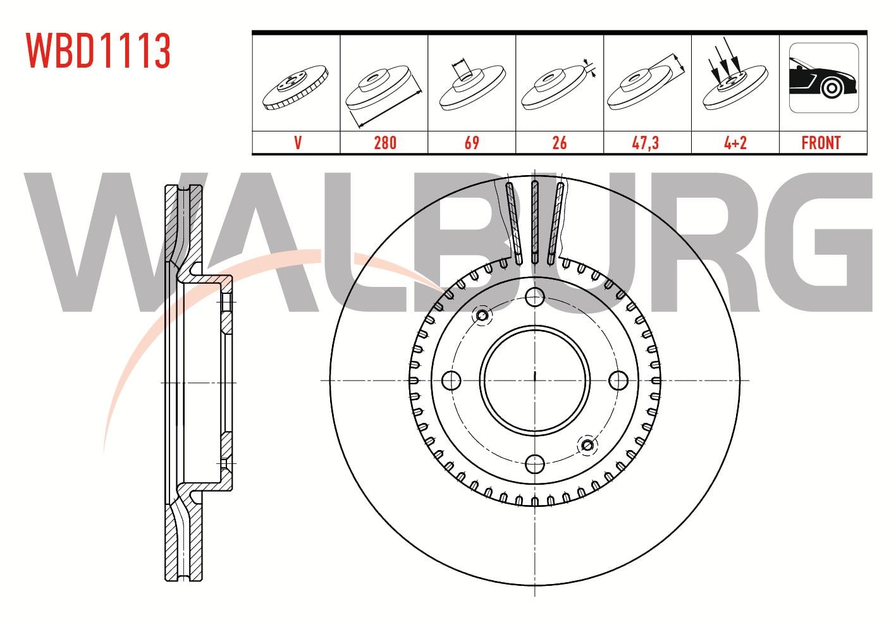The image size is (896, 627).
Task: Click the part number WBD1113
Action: tap(99, 51)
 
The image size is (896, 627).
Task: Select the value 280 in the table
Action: tap(385, 143)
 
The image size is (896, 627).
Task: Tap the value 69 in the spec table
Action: tap(472, 143)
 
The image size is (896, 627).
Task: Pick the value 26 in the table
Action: tap(559, 143)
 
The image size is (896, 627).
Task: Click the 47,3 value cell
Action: tap(645, 143)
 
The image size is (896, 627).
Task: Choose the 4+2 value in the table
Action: tap(735, 143)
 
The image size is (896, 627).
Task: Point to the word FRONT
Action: tap(821, 143)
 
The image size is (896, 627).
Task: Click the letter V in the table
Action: tap(298, 143)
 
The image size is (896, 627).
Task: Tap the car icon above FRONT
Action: tap(824, 78)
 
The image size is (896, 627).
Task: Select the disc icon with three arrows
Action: tap(735, 74)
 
